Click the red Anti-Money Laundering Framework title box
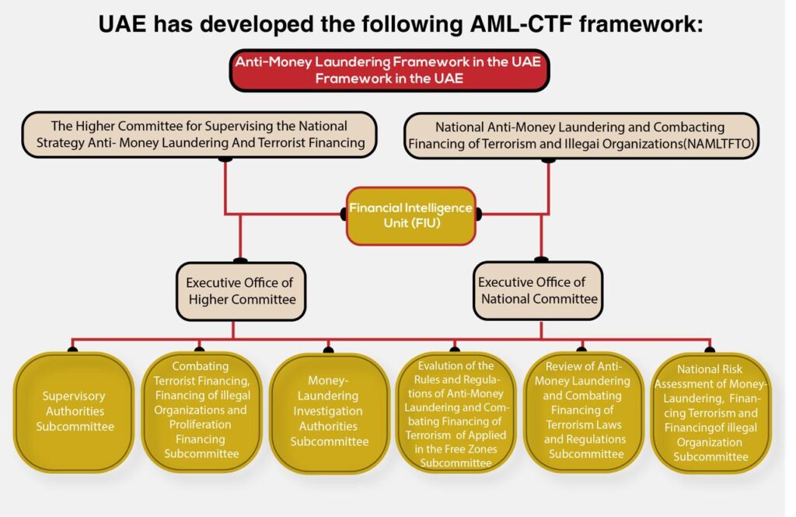[x=389, y=70]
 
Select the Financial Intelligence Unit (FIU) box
[x=410, y=215]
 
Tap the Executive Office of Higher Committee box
[x=240, y=291]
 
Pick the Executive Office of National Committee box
[x=538, y=291]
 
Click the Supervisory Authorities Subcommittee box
[x=73, y=411]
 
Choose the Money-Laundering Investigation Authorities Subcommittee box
[x=329, y=412]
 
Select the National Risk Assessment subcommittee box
[x=710, y=412]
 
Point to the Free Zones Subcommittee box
[x=456, y=412]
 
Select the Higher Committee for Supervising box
[x=201, y=134]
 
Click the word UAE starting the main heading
[x=124, y=24]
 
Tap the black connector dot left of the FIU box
[x=344, y=214]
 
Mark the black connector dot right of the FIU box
[x=477, y=214]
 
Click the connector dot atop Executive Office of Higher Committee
[x=240, y=261]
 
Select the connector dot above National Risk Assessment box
[x=709, y=350]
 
